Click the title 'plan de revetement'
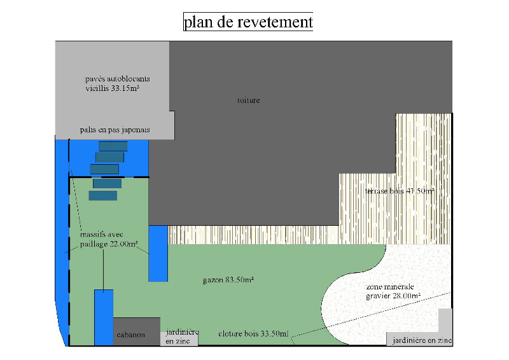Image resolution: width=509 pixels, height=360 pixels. [x=248, y=22]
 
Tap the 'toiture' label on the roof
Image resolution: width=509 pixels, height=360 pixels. [x=248, y=100]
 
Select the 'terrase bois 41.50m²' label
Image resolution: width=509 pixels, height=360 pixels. [x=400, y=191]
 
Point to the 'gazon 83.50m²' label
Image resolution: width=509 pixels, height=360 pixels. [x=228, y=280]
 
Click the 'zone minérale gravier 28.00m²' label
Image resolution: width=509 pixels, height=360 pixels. [x=393, y=291]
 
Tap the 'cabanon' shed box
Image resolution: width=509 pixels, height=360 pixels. [x=131, y=335]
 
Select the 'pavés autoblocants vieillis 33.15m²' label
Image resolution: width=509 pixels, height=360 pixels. [x=117, y=84]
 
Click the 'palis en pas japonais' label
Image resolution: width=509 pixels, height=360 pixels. [x=115, y=130]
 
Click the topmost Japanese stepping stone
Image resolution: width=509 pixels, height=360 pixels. [x=113, y=146]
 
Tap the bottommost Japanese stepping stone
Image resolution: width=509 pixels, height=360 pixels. [x=102, y=196]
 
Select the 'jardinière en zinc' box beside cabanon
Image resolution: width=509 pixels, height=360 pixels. [x=179, y=336]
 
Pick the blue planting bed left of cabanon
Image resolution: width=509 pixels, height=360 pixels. [x=104, y=317]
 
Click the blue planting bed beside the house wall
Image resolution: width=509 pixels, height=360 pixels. [x=158, y=253]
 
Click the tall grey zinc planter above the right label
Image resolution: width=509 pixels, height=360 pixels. [x=445, y=321]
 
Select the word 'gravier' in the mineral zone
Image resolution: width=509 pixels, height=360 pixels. [x=380, y=296]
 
